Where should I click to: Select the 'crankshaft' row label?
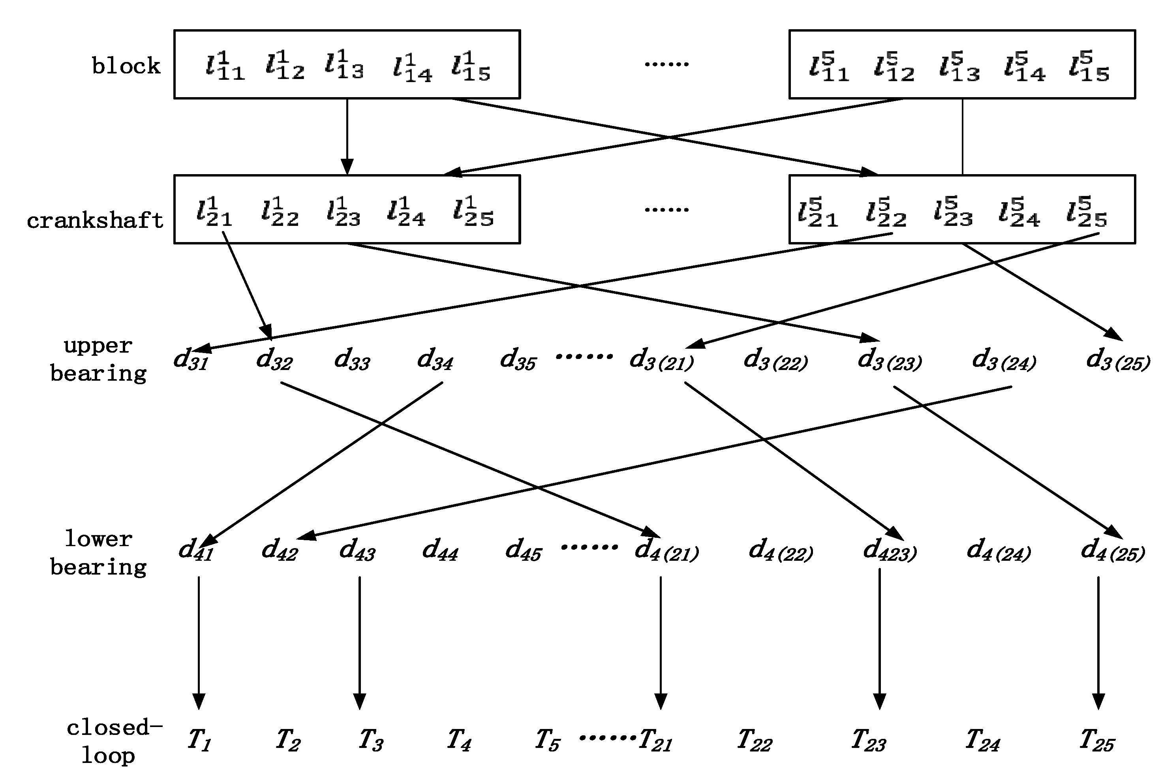point(95,221)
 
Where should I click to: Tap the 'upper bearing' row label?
point(98,359)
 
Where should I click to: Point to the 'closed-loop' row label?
point(113,742)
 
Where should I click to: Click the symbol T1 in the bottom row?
point(199,740)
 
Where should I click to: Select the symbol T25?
point(1096,741)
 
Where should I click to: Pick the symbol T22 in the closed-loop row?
point(754,741)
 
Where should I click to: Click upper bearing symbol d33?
point(352,359)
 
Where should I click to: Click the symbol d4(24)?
point(998,550)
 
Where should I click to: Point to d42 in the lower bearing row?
point(279,549)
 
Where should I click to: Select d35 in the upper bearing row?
point(518,359)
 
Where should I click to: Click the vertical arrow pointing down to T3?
point(359,642)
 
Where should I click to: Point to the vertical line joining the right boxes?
point(962,137)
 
